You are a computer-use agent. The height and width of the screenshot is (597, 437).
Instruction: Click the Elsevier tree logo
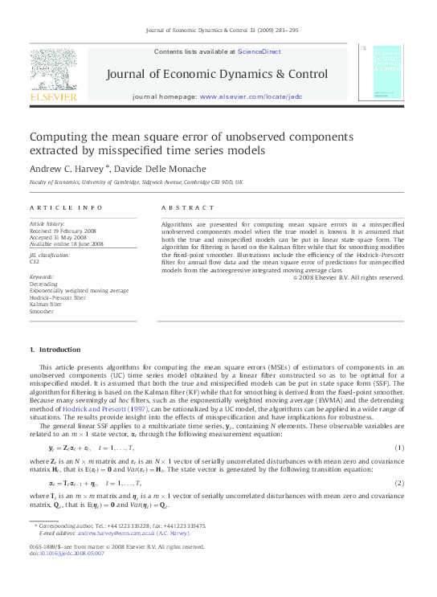click(x=53, y=70)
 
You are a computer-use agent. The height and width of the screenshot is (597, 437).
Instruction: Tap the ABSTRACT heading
click(x=183, y=206)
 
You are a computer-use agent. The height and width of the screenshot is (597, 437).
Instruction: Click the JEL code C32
click(x=35, y=261)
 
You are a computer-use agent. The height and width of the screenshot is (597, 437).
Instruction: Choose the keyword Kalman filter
click(x=45, y=303)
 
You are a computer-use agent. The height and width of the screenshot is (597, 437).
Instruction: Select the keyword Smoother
click(x=42, y=309)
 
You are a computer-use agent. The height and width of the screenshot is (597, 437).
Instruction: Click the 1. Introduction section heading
click(x=55, y=350)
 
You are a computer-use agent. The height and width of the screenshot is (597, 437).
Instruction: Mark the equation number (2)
click(x=399, y=484)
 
